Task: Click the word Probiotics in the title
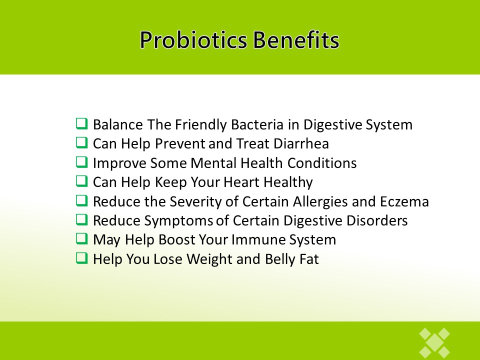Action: click(193, 40)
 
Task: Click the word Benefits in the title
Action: click(296, 39)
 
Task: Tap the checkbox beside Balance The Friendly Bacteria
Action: click(81, 124)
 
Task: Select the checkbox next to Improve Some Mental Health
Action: click(81, 162)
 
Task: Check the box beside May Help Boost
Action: click(81, 239)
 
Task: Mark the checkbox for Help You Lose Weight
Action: click(81, 258)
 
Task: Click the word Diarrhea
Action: click(301, 143)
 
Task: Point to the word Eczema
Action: click(404, 201)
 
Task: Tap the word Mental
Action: click(213, 163)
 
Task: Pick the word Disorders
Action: click(377, 220)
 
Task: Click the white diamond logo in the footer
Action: click(434, 343)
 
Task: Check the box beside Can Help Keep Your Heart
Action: click(81, 181)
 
